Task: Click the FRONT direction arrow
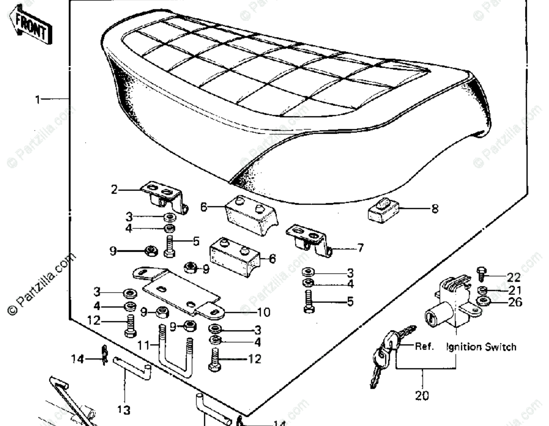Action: pos(30,26)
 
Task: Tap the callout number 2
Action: pos(114,190)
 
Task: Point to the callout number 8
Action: pos(435,209)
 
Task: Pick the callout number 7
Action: pos(360,248)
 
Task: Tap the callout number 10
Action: pos(264,312)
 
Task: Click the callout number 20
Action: pos(422,395)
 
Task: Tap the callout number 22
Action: pos(513,277)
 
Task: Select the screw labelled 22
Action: pos(482,274)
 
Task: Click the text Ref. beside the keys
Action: pos(424,346)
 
